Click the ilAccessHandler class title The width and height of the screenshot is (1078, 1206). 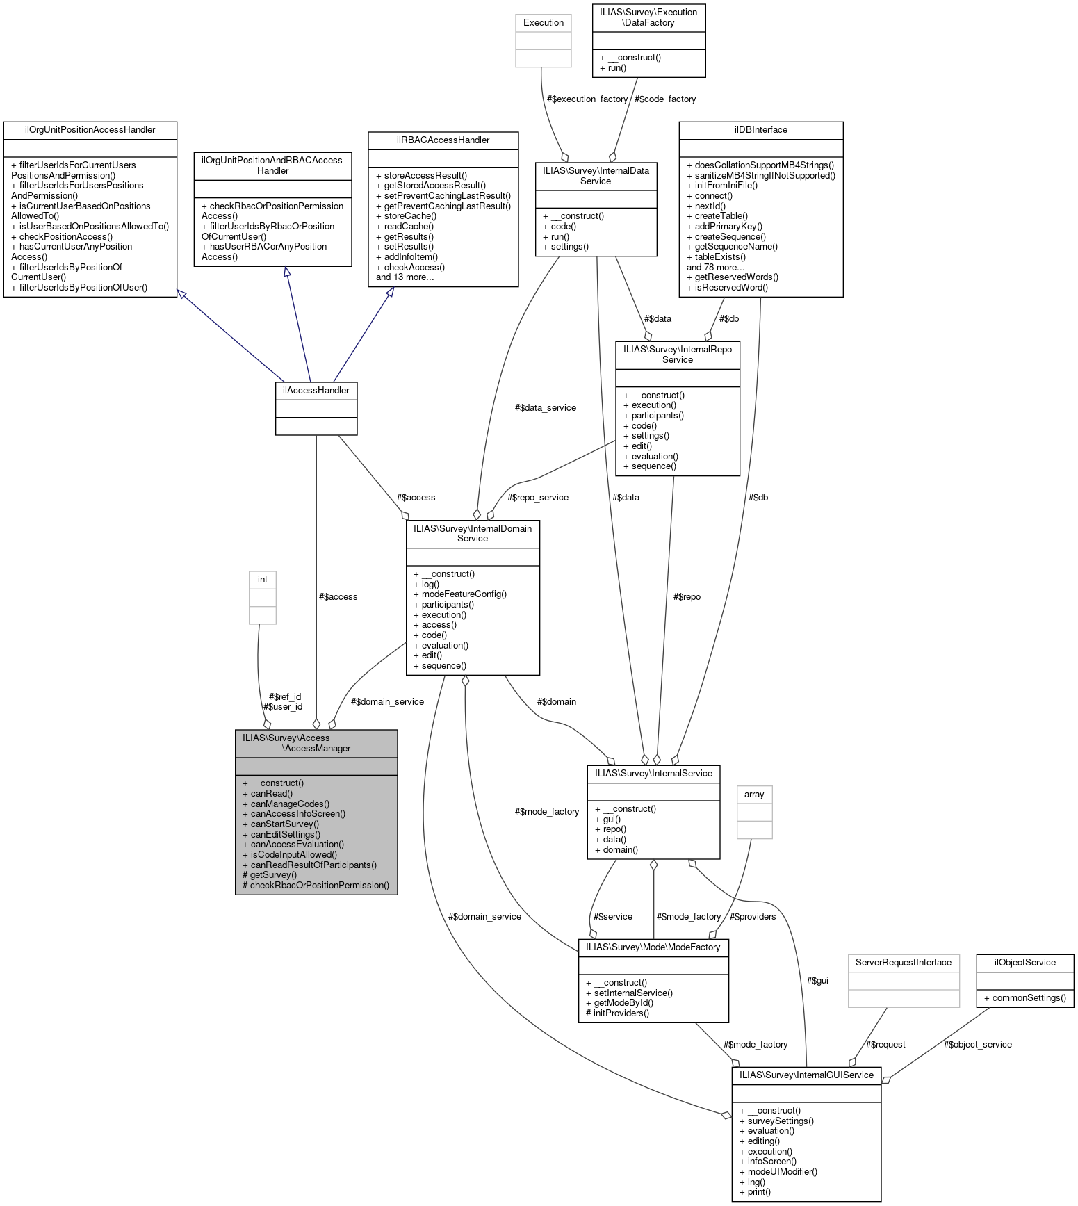coord(316,391)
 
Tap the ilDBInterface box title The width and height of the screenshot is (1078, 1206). coord(760,130)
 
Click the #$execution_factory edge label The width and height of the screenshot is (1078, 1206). coord(587,99)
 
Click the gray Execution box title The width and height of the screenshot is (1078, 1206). coord(544,23)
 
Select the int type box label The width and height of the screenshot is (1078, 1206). coord(263,580)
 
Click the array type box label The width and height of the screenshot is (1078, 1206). coord(754,795)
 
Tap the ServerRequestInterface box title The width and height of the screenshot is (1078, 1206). coord(903,963)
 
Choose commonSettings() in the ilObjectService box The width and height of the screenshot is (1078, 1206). coord(1029,998)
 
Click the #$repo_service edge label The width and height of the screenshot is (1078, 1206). coord(538,498)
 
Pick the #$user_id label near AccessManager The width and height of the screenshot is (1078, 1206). coord(283,707)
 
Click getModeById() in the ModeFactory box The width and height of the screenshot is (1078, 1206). coord(623,1003)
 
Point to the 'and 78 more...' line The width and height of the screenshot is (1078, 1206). coord(715,268)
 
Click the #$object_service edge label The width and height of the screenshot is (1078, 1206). coord(978,1045)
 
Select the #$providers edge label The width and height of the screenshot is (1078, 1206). coord(753,917)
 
